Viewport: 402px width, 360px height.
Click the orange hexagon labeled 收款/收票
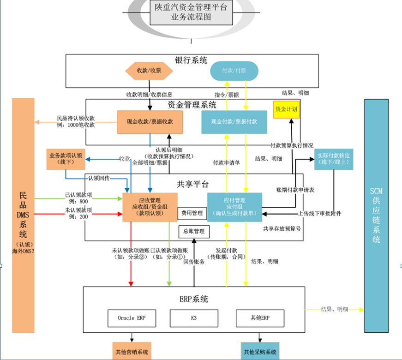tap(149, 71)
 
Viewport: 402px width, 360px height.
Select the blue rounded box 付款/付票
tap(234, 71)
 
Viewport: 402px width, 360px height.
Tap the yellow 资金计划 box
tap(287, 109)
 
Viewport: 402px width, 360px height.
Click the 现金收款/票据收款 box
tap(150, 122)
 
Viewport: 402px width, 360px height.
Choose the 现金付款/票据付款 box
tap(234, 122)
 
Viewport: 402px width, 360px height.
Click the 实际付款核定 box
tap(334, 159)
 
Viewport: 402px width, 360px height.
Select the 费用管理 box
tap(192, 213)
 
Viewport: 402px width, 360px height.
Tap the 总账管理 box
tap(194, 231)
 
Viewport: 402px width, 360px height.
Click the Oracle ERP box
tap(132, 318)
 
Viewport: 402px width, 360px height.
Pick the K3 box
tap(194, 318)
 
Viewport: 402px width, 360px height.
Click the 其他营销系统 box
tap(132, 352)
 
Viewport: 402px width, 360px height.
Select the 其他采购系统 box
tap(260, 352)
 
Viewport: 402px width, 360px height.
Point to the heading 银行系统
tap(191, 60)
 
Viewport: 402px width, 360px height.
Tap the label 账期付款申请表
tap(295, 190)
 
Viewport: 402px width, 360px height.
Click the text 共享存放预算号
tap(282, 228)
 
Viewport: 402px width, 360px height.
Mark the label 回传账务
tap(194, 262)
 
